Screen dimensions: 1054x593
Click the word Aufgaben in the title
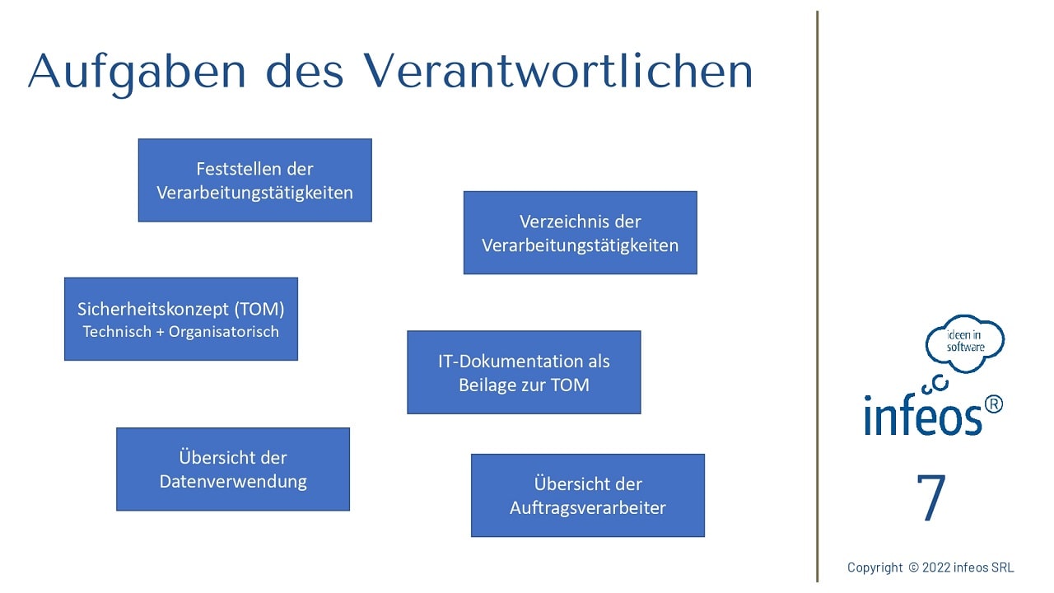tap(137, 73)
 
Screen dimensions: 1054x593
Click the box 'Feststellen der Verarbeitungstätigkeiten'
tap(255, 180)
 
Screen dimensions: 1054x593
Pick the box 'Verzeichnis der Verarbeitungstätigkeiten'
tap(581, 232)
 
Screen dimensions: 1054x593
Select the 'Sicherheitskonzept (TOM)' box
tap(181, 319)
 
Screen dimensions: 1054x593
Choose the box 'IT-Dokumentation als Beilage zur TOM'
tap(524, 372)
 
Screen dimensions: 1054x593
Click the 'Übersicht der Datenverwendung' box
tap(233, 469)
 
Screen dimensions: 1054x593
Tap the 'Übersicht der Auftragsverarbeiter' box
tap(588, 496)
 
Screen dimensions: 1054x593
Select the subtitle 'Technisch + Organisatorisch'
tap(181, 332)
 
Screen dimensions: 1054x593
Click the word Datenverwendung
tap(233, 482)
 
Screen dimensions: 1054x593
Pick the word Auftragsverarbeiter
tap(588, 508)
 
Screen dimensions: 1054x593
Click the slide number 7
tap(931, 497)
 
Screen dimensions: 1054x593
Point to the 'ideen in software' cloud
tap(964, 343)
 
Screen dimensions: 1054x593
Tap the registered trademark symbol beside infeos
tap(993, 404)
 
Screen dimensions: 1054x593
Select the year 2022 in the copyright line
tap(936, 567)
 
